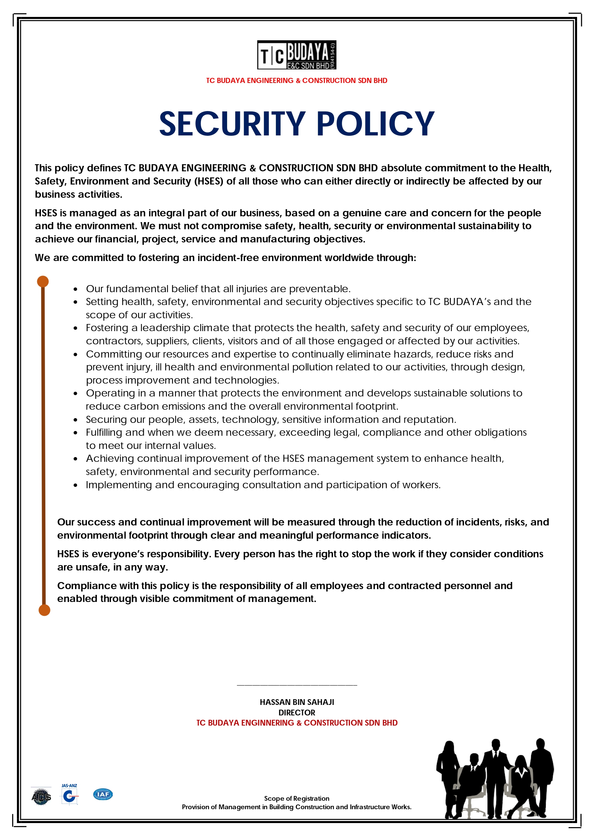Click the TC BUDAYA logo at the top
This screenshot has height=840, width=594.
296,55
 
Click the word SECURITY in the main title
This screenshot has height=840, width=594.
232,124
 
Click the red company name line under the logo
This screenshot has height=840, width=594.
296,81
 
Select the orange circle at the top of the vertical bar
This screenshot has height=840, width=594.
43,281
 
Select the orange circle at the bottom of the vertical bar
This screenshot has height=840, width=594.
44,610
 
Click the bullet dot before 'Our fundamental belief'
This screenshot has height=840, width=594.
75,289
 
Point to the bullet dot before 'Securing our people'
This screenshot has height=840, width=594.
75,419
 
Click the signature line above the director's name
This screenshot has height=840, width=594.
296,685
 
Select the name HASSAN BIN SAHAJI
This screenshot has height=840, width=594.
296,702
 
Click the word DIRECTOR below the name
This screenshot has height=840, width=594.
296,713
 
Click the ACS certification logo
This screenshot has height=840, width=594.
41,796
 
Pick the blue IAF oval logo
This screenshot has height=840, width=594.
103,794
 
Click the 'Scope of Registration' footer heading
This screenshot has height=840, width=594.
296,798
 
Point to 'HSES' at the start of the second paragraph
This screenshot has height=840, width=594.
46,213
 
